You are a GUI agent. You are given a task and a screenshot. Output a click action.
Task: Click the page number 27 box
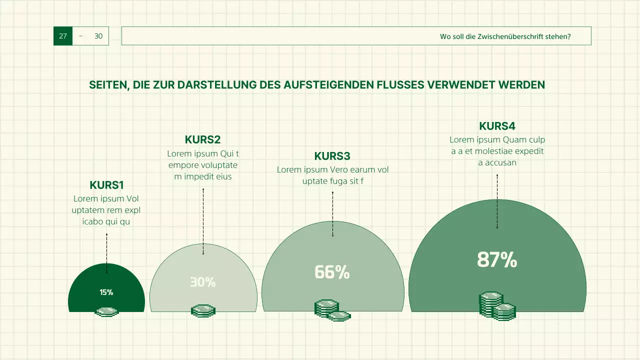63,36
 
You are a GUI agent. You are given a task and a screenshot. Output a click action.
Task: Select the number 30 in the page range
98,36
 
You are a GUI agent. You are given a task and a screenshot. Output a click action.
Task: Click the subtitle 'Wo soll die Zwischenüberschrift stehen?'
505,36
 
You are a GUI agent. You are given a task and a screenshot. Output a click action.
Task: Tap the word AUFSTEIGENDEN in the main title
328,85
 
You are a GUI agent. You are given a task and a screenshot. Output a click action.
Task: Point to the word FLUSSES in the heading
400,85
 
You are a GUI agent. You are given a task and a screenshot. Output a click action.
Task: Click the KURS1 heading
106,185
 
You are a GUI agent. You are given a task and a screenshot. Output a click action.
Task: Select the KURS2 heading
202,139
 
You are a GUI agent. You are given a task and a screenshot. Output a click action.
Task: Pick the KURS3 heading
332,156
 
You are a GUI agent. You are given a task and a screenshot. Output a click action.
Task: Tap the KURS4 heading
497,126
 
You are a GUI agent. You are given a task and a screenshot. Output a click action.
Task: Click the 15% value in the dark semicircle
106,292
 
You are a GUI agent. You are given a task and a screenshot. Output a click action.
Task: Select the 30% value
202,282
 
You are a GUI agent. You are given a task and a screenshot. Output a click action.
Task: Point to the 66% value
332,272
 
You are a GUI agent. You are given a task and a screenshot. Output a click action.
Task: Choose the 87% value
496,260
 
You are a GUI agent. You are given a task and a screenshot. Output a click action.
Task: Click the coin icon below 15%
106,312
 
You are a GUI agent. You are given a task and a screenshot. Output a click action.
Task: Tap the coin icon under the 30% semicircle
203,311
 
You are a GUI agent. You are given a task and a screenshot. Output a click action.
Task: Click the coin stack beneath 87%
497,306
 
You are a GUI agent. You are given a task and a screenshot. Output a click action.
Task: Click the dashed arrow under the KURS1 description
106,253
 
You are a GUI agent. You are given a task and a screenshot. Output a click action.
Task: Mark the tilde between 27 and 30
80,36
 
